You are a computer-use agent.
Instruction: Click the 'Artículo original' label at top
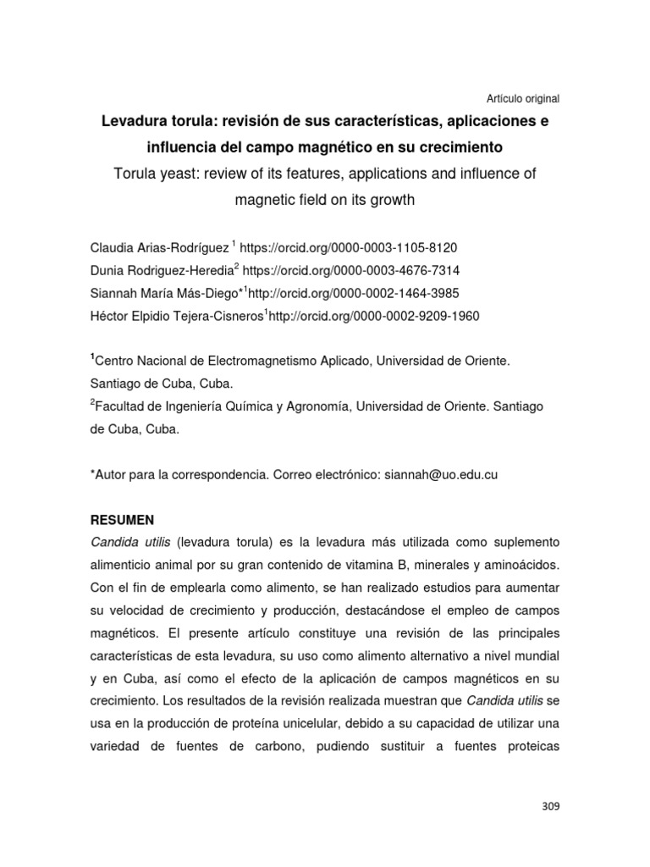tap(520, 98)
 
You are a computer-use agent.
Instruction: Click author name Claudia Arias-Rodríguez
tap(158, 248)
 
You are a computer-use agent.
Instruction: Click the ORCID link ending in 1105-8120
tap(349, 248)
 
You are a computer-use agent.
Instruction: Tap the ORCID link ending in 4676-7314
tap(351, 270)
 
